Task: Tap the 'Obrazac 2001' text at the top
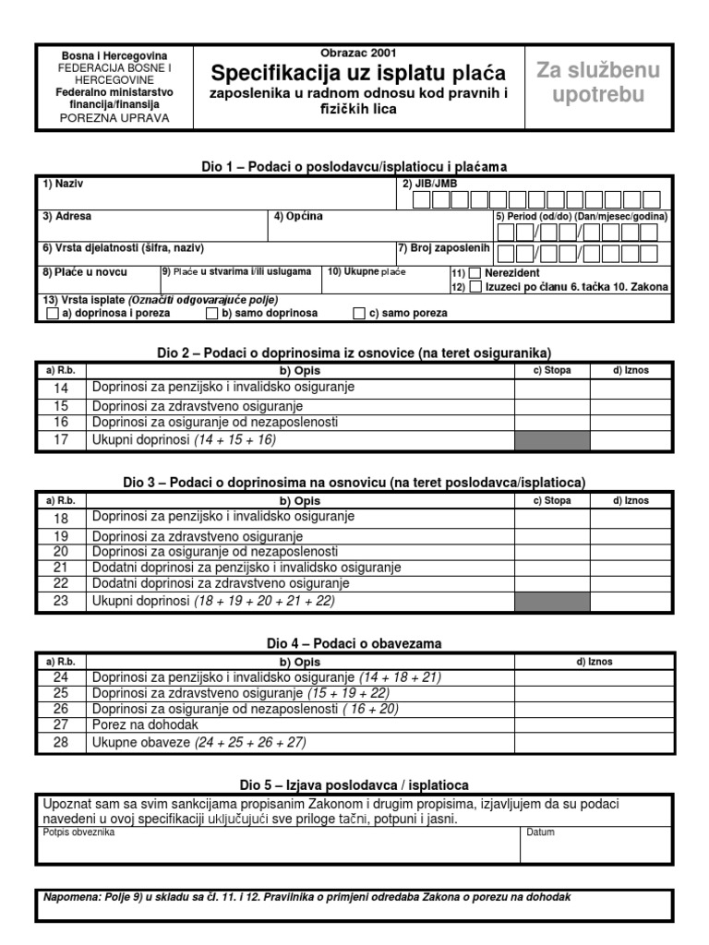click(x=358, y=54)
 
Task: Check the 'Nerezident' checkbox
click(x=475, y=273)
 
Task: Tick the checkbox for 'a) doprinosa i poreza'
click(x=53, y=314)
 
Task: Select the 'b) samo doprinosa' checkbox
click(x=211, y=314)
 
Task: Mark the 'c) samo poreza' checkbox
click(x=359, y=314)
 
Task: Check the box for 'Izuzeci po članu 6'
click(x=475, y=287)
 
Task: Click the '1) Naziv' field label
click(x=56, y=184)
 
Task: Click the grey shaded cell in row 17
click(x=552, y=440)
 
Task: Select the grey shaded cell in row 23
click(x=552, y=601)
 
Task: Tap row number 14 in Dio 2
click(x=61, y=389)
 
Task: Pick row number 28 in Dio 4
click(x=61, y=742)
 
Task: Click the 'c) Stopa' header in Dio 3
click(x=552, y=501)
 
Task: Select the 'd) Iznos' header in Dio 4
click(x=594, y=662)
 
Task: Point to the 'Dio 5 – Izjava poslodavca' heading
click(x=354, y=784)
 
